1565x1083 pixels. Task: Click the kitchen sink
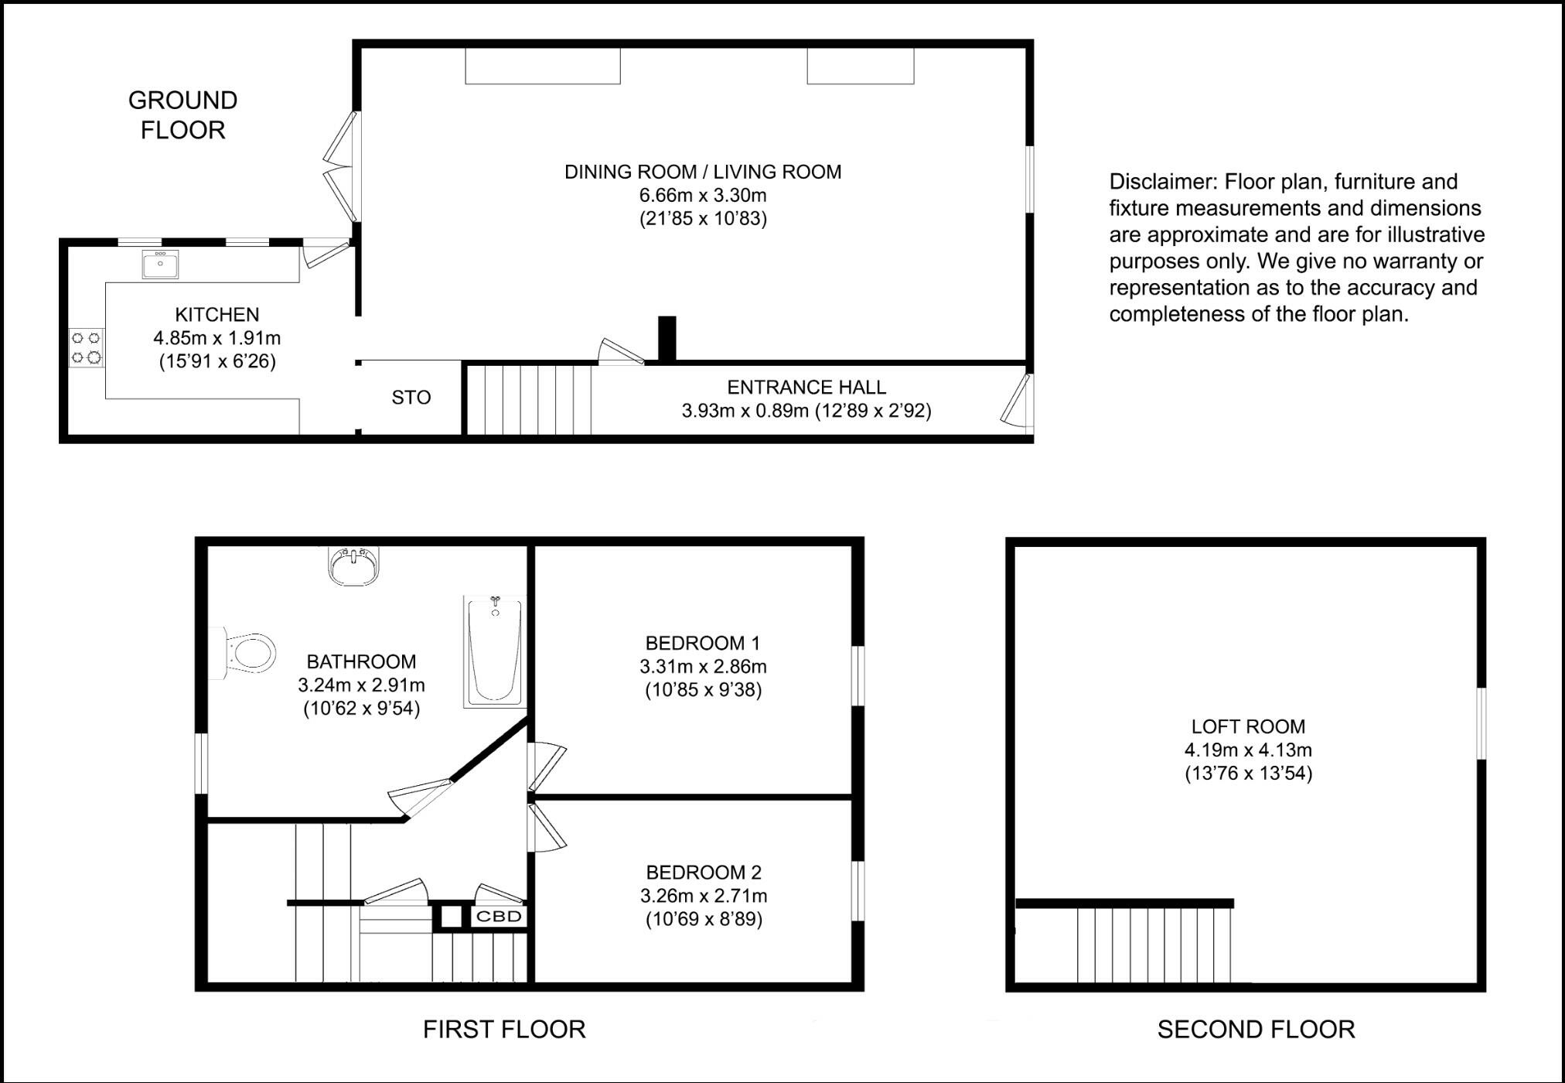coord(160,265)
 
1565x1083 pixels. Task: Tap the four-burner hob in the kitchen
coord(86,347)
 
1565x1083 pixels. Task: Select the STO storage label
coord(411,398)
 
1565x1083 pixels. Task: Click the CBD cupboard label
coord(499,917)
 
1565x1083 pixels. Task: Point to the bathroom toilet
coord(250,653)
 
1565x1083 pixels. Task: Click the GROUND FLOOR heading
coord(182,115)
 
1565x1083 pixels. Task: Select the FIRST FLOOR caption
coord(504,1029)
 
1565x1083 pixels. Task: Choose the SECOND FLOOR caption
coord(1256,1029)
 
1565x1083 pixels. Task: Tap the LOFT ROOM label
coord(1248,726)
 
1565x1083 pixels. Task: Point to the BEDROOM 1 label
coord(703,643)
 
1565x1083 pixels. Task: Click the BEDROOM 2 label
coord(704,873)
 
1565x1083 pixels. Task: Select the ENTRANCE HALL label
coord(806,387)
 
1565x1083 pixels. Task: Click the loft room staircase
coord(1153,944)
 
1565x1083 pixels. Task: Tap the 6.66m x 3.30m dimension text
coord(703,195)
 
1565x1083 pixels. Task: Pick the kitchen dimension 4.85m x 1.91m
coord(217,338)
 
